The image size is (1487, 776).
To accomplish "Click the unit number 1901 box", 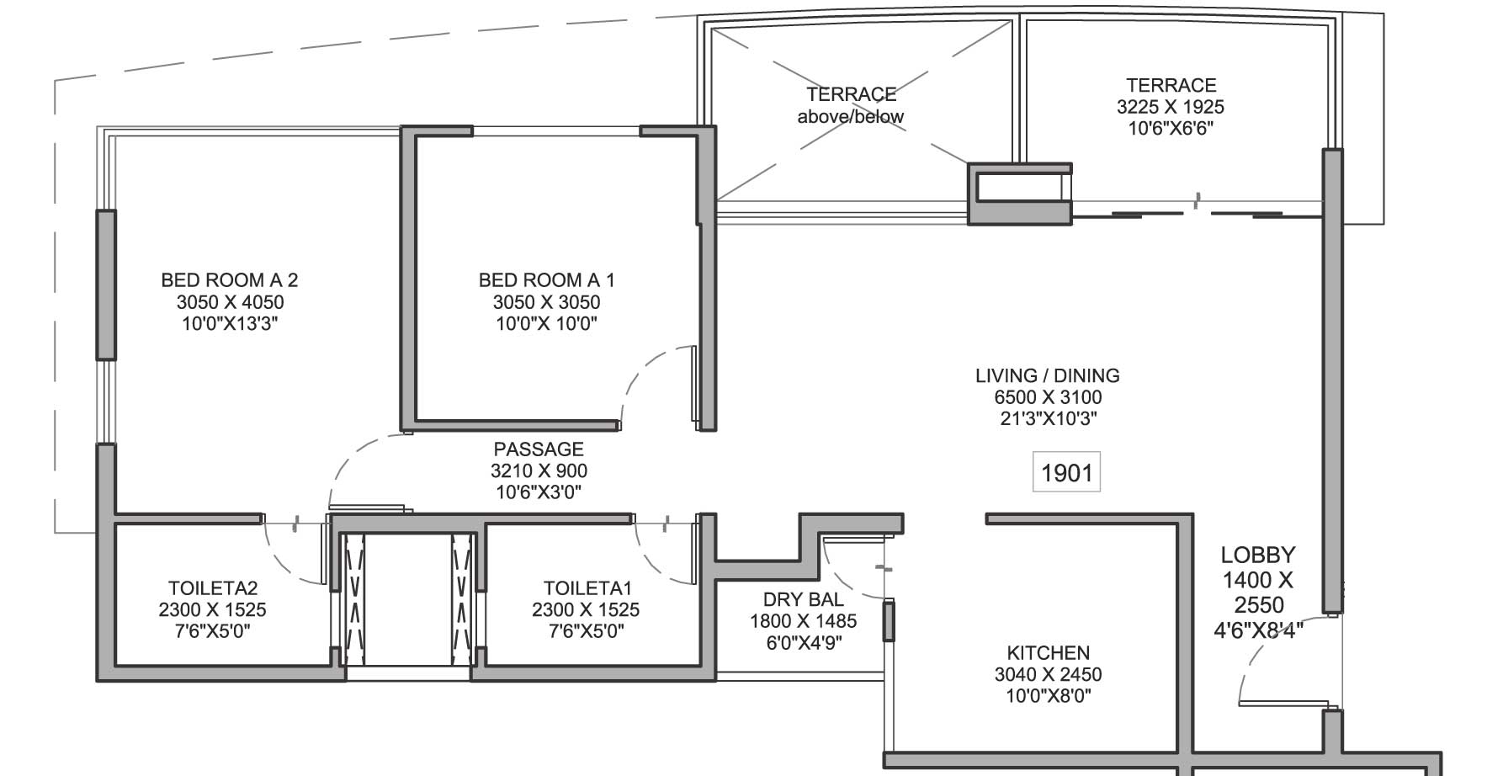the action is pos(1066,473).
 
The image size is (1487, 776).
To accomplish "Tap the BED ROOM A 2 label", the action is pos(230,280).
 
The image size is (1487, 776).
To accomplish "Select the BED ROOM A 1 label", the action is pos(547,280).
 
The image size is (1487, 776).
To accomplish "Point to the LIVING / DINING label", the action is pos(1048,376).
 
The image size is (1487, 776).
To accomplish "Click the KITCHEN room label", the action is pos(1049,653).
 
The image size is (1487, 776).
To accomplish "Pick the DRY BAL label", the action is pos(804,600).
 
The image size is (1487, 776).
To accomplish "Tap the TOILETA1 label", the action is pos(587,588).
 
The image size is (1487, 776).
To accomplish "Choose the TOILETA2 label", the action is pos(213,588).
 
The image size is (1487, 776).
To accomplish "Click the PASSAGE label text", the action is pos(539,449).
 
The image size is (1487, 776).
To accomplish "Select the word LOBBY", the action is pos(1258,555).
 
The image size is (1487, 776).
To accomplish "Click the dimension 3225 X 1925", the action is pos(1171,107).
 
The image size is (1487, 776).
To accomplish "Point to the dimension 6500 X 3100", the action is pos(1048,397).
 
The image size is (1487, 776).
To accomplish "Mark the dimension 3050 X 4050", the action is pos(230,302).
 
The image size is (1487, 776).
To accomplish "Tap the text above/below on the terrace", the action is pos(851,117).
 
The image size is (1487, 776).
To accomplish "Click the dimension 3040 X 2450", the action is pos(1049,674).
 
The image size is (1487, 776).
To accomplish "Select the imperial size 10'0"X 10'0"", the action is pos(547,324).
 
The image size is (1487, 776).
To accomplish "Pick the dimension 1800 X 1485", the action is pos(804,621).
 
